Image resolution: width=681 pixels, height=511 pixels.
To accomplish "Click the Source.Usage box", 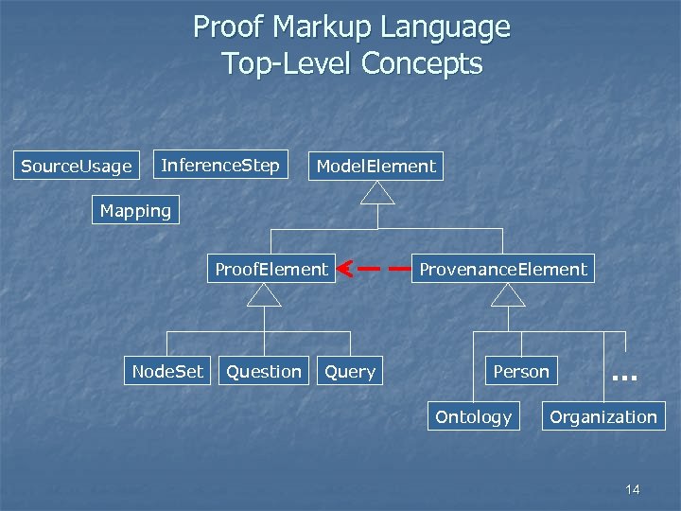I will (x=77, y=167).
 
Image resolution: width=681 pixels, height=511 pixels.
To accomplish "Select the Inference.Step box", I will (x=220, y=166).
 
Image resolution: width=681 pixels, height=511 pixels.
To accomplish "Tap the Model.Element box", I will (x=376, y=167).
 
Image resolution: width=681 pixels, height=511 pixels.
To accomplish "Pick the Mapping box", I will (x=136, y=211).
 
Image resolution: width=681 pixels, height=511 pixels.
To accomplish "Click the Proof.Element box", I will (x=271, y=270).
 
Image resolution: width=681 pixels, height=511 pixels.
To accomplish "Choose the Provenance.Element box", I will (x=503, y=270).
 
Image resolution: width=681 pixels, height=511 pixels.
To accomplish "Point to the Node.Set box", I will (x=167, y=372).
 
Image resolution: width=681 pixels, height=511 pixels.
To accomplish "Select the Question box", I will (x=264, y=372).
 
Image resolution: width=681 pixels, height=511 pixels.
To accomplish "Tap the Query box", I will (x=350, y=372).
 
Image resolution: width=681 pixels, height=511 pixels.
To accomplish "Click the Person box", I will (x=521, y=372).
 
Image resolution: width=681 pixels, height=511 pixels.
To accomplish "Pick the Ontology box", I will (x=474, y=417).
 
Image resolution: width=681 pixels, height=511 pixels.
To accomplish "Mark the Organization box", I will (x=603, y=417).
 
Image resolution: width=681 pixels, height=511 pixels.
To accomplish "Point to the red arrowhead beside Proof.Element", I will (x=346, y=270).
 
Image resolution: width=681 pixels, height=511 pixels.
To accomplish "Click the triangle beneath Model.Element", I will (x=377, y=194).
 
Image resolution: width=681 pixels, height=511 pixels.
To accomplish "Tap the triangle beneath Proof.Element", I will (x=265, y=296).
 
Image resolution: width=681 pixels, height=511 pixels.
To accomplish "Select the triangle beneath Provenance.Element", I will (x=508, y=296).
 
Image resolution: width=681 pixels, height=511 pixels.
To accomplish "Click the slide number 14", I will (x=633, y=489).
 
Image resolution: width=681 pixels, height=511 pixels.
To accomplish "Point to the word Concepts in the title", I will (x=422, y=63).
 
